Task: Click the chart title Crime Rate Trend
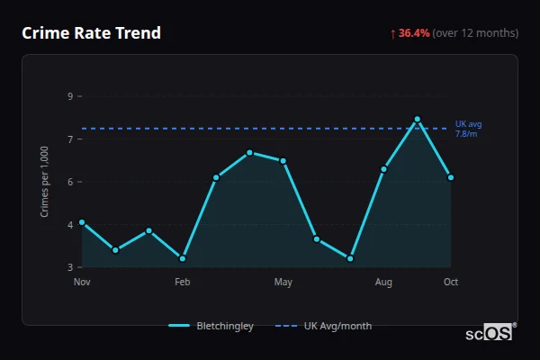click(91, 33)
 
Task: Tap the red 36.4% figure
click(414, 33)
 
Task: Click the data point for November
click(82, 222)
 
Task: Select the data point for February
click(183, 258)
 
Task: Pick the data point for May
click(283, 161)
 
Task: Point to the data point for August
click(383, 169)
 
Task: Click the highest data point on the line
click(418, 119)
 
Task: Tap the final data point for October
click(451, 177)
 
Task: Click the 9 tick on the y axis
click(70, 96)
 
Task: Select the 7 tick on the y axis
click(70, 139)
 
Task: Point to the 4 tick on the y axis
click(70, 225)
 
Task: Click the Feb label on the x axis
click(183, 283)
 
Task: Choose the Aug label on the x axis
click(383, 283)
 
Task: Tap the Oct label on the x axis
click(451, 283)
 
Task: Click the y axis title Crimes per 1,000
click(45, 183)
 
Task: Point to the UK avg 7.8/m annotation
click(468, 129)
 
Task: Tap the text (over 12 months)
click(475, 33)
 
